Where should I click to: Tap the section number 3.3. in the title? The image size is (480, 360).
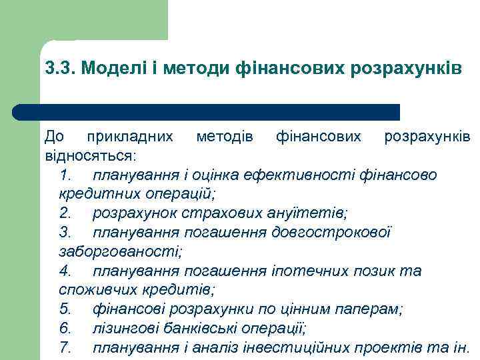60,69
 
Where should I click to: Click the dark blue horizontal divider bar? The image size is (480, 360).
206,111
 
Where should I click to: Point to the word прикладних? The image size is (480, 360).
130,137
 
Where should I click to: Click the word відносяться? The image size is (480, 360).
89,156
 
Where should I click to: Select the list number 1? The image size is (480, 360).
65,175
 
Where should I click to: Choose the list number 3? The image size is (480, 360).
65,233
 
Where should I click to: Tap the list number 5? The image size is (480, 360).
65,309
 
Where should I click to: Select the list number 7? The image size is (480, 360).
65,348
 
